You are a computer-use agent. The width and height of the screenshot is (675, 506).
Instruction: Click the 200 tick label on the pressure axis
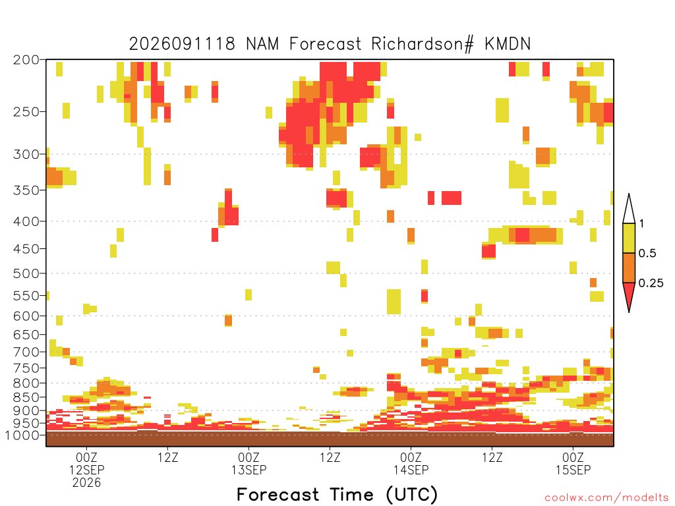pyautogui.click(x=26, y=60)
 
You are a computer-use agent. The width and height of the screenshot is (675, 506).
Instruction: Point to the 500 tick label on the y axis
pyautogui.click(x=26, y=273)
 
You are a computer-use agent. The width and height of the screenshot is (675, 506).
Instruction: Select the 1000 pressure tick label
pyautogui.click(x=22, y=435)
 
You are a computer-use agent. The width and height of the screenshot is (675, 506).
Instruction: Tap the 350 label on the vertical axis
pyautogui.click(x=26, y=190)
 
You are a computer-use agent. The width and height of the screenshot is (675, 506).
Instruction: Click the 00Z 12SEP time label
pyautogui.click(x=86, y=463)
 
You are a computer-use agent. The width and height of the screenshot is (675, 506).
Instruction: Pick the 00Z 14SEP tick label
pyautogui.click(x=411, y=463)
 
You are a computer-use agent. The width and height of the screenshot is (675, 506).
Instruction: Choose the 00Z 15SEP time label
pyautogui.click(x=573, y=463)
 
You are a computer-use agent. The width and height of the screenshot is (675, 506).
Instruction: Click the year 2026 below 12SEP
pyautogui.click(x=86, y=483)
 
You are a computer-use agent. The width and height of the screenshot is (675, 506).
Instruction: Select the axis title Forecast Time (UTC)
pyautogui.click(x=337, y=495)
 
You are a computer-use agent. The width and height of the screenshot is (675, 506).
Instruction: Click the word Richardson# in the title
pyautogui.click(x=423, y=44)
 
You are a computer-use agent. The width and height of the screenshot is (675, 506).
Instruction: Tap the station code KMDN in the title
pyautogui.click(x=508, y=44)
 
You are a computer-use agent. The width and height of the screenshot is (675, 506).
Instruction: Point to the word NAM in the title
pyautogui.click(x=262, y=44)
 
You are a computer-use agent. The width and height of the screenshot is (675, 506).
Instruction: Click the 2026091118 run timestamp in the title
pyautogui.click(x=182, y=44)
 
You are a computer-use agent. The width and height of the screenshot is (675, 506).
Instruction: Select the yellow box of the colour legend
pyautogui.click(x=629, y=238)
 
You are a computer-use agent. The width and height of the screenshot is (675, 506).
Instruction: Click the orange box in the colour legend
pyautogui.click(x=629, y=267)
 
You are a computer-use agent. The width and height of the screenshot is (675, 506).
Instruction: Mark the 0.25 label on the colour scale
pyautogui.click(x=651, y=283)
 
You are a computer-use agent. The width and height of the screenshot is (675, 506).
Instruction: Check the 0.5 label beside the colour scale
pyautogui.click(x=647, y=253)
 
